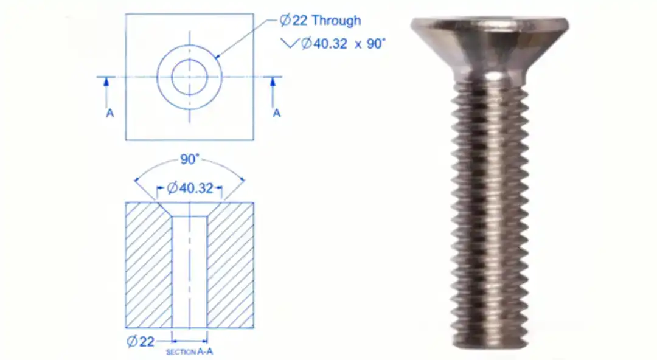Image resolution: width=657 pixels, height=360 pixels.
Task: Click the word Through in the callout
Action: [336, 20]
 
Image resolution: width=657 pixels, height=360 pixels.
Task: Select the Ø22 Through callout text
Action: [320, 20]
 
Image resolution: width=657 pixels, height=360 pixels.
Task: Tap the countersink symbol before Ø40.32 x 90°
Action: [290, 44]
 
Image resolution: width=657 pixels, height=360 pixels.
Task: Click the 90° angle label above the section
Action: [189, 159]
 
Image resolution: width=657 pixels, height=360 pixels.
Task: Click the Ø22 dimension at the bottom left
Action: [141, 341]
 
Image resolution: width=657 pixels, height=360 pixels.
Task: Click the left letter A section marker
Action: [109, 113]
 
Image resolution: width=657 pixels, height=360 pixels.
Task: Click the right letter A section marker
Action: [276, 113]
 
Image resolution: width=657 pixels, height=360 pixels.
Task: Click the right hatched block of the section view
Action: [231, 265]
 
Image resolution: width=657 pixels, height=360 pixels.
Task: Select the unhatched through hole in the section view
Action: [189, 274]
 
